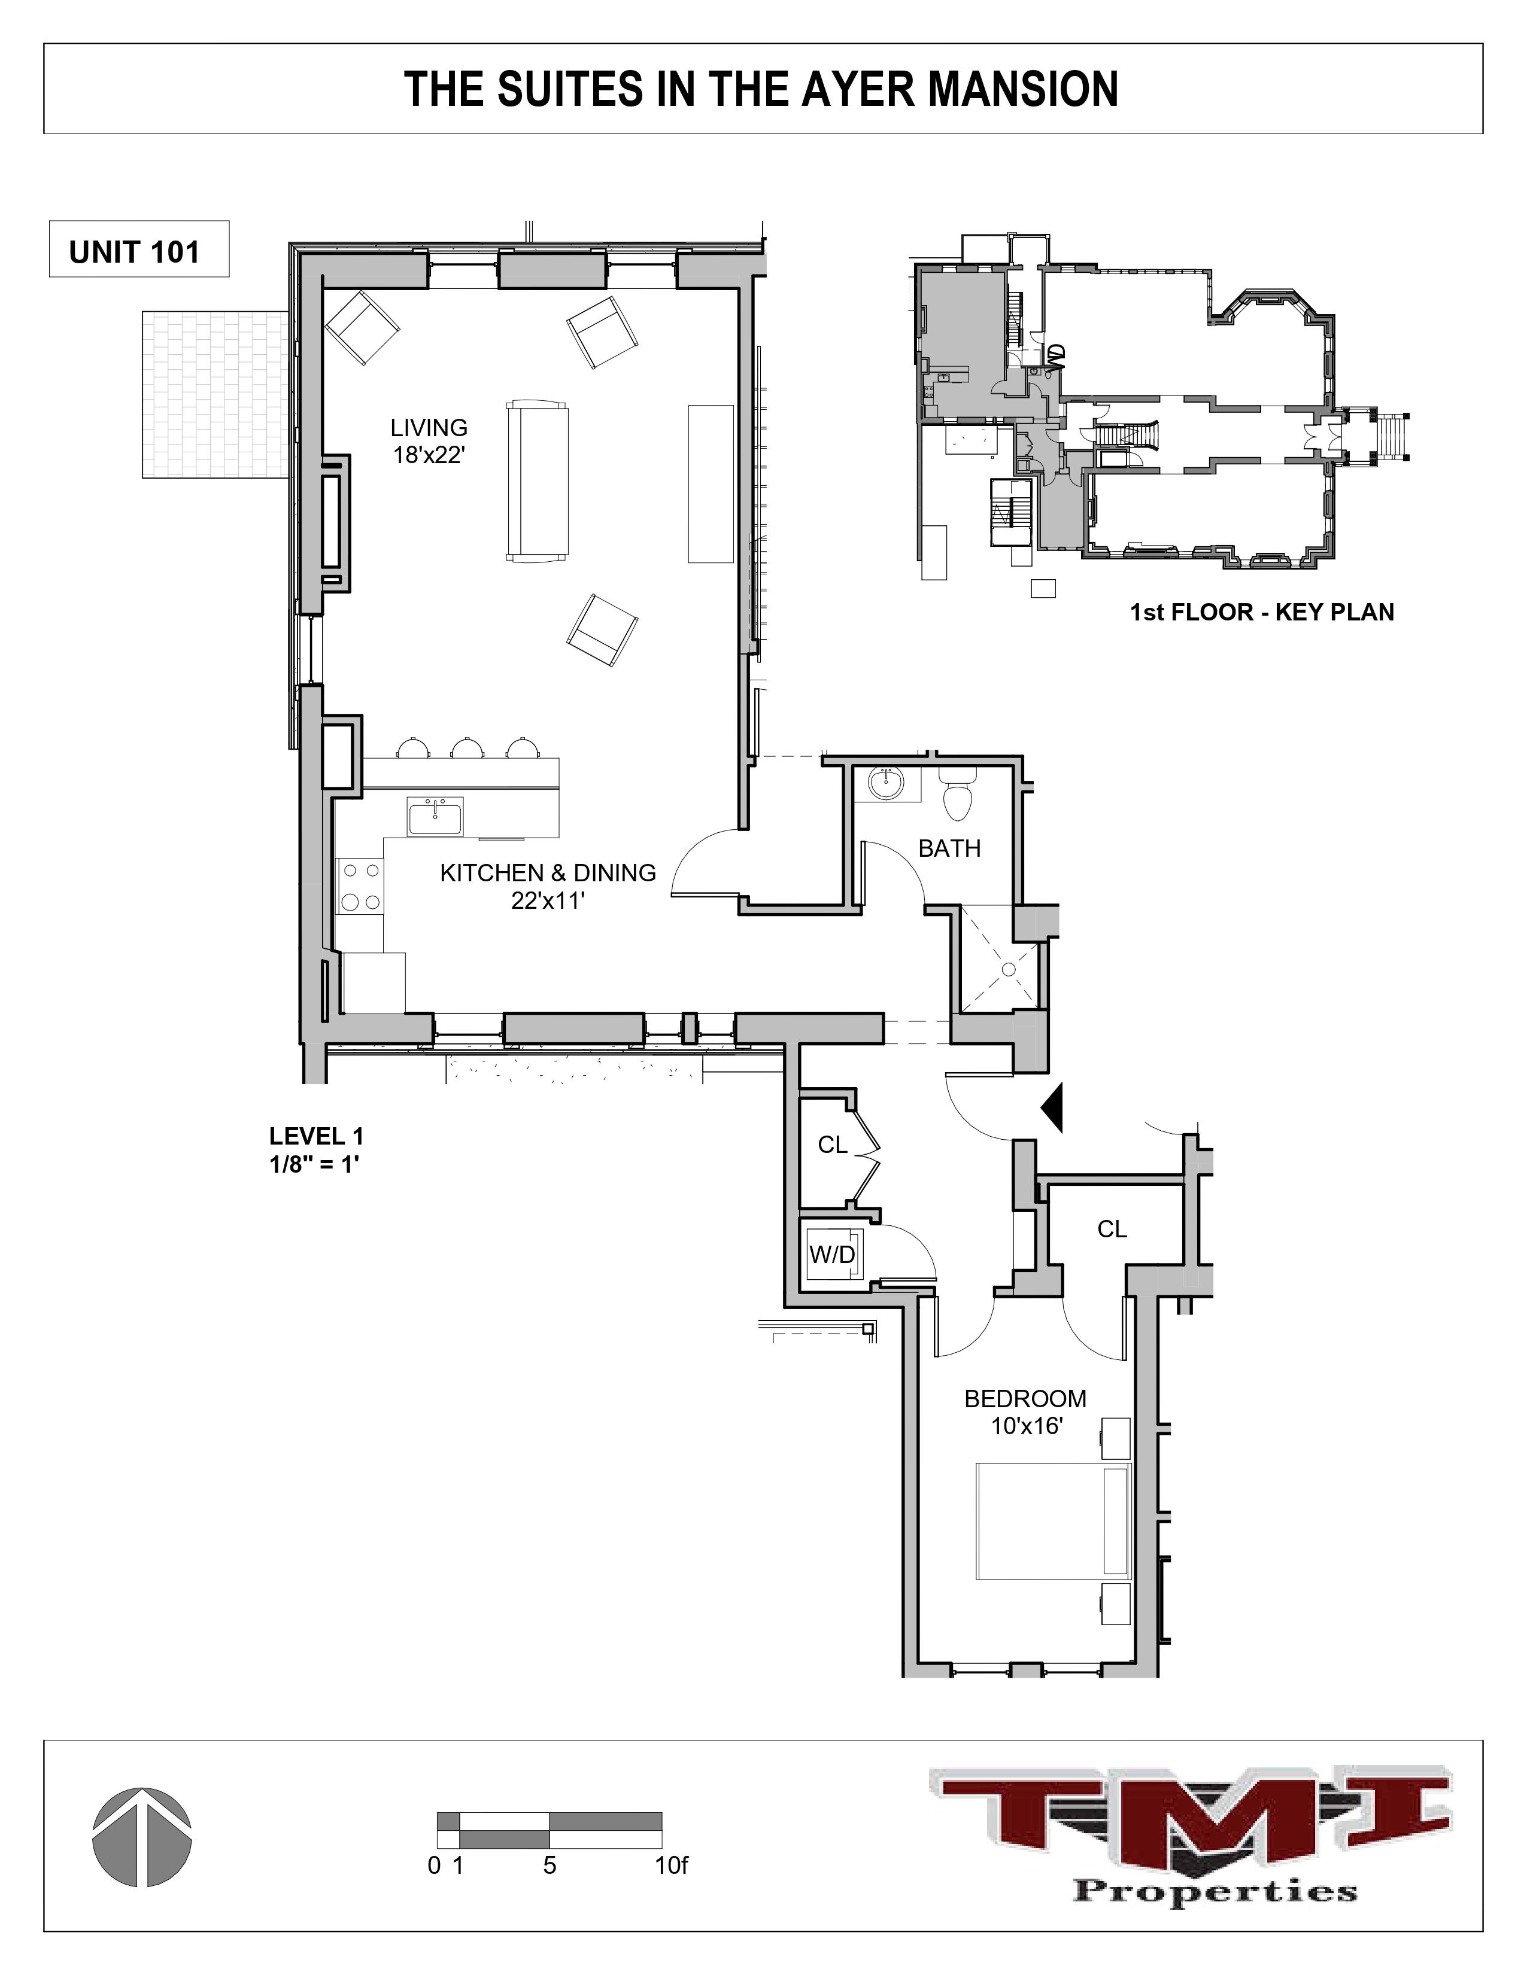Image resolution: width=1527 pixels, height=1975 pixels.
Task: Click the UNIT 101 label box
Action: pos(138,251)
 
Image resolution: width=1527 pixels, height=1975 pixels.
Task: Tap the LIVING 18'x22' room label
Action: pos(429,440)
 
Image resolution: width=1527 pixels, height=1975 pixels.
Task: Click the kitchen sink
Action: pos(434,817)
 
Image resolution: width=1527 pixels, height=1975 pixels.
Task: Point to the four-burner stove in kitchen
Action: pos(359,886)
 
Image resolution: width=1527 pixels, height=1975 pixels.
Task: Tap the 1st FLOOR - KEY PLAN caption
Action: pos(1261,612)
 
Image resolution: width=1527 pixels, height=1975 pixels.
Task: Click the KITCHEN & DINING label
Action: pos(547,873)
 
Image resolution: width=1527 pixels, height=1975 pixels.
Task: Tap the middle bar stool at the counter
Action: pos(467,748)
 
